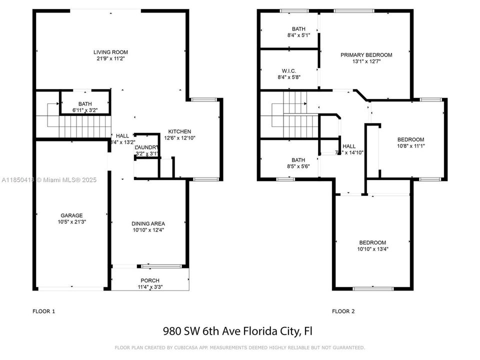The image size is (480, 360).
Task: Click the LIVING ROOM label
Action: click(111, 52)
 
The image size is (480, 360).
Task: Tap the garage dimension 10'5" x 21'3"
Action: click(72, 221)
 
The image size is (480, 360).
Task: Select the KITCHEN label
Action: click(179, 131)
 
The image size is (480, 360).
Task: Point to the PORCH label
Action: click(149, 280)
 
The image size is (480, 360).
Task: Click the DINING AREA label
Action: click(148, 223)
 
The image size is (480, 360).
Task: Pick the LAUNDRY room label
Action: click(146, 147)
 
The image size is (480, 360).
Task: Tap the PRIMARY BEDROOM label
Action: click(366, 55)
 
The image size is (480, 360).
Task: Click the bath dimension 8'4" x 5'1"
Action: click(298, 35)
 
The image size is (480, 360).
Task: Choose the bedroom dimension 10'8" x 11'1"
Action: click(410, 146)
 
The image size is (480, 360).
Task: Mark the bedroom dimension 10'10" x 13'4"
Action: click(372, 249)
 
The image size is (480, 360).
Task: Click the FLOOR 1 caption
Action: click(44, 311)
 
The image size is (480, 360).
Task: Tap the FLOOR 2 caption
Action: click(343, 311)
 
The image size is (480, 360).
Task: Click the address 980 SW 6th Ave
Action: click(213, 331)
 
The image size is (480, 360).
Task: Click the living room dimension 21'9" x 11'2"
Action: click(111, 58)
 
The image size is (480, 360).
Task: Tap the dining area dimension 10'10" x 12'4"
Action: click(148, 230)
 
